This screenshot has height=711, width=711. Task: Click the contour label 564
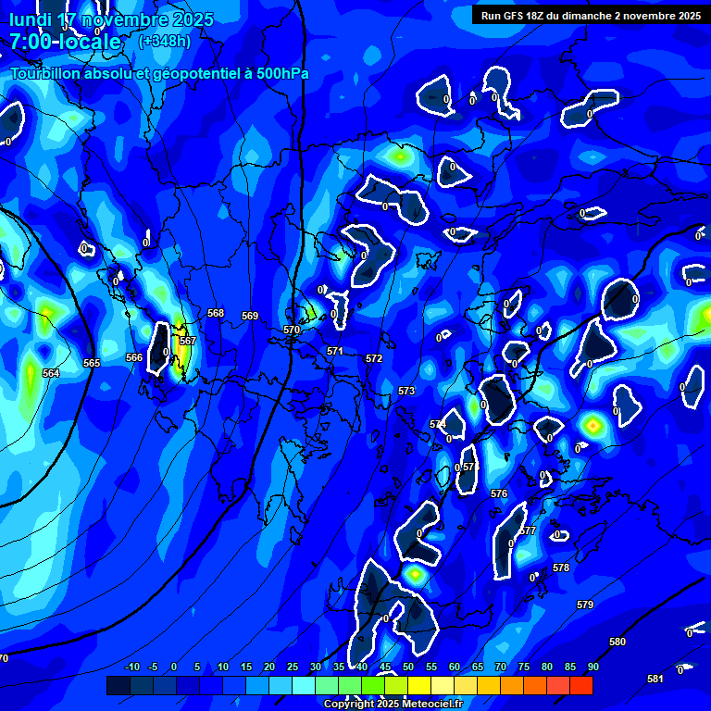click(51, 373)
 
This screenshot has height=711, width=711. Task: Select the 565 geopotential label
click(91, 363)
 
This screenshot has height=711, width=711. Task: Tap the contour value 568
click(216, 313)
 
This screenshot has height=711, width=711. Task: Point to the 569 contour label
click(250, 316)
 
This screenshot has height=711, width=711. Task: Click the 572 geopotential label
click(374, 358)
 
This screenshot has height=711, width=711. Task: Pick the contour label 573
click(406, 392)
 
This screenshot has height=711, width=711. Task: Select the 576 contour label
click(499, 493)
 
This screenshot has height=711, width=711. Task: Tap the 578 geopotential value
click(561, 568)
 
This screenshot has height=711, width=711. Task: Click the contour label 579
click(585, 605)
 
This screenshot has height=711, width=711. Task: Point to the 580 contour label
click(617, 642)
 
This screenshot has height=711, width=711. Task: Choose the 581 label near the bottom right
click(655, 679)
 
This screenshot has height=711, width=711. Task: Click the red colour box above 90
click(581, 685)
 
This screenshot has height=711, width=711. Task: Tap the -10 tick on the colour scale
click(131, 667)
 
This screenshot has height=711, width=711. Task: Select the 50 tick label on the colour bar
click(407, 667)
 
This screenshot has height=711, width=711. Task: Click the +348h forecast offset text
click(165, 41)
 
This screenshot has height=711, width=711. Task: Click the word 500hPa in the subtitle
click(277, 74)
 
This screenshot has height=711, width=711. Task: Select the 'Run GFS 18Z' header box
click(591, 15)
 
